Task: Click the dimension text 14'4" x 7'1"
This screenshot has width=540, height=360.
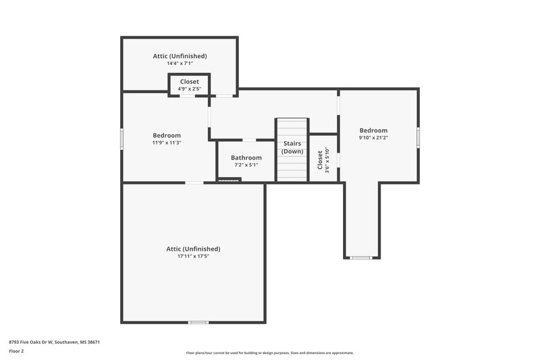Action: (180, 63)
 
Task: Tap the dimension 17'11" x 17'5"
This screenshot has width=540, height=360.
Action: (193, 257)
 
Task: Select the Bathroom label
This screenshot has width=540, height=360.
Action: (246, 157)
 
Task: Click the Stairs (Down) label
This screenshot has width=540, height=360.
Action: (292, 147)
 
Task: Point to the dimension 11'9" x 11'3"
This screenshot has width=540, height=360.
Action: (166, 143)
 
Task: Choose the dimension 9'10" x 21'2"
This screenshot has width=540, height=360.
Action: (373, 138)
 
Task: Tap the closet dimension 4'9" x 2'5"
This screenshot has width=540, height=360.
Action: (189, 88)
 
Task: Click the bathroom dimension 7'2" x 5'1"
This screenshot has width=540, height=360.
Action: (246, 165)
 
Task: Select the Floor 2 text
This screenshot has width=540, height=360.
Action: (17, 351)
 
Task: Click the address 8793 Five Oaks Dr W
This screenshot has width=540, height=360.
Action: (54, 342)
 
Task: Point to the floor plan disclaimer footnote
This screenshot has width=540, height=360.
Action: (270, 353)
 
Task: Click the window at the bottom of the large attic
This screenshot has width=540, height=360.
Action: (198, 322)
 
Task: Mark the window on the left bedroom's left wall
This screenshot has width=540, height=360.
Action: (122, 138)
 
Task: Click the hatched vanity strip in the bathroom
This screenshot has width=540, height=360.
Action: (229, 180)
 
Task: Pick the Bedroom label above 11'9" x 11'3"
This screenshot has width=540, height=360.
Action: (166, 135)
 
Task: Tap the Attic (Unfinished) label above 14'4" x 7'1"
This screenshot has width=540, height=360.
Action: (180, 56)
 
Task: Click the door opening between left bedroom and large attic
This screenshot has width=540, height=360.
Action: (194, 182)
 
